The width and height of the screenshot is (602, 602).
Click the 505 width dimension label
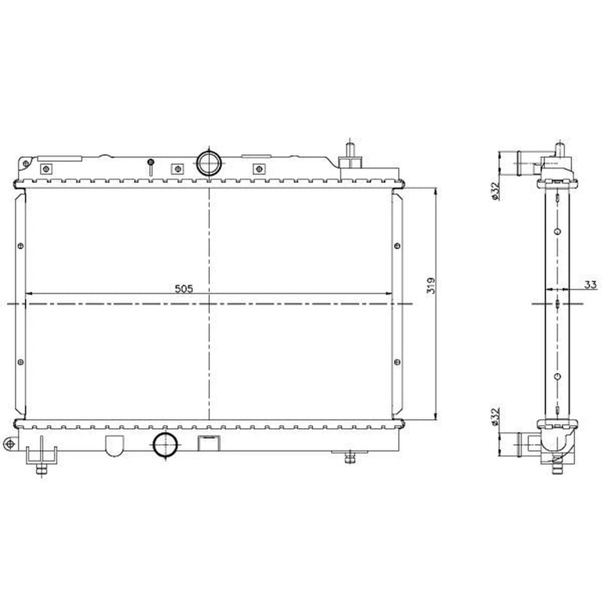click(184, 289)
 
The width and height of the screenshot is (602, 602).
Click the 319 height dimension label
click(431, 286)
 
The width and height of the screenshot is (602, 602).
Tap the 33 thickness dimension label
click(591, 284)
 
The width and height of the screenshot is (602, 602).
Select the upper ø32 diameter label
click(495, 191)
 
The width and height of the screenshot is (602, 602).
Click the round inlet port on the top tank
click(209, 163)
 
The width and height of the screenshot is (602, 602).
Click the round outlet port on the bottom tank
click(166, 445)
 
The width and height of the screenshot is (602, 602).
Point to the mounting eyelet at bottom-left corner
click(10, 444)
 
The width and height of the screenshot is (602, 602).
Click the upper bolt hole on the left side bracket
click(20, 245)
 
